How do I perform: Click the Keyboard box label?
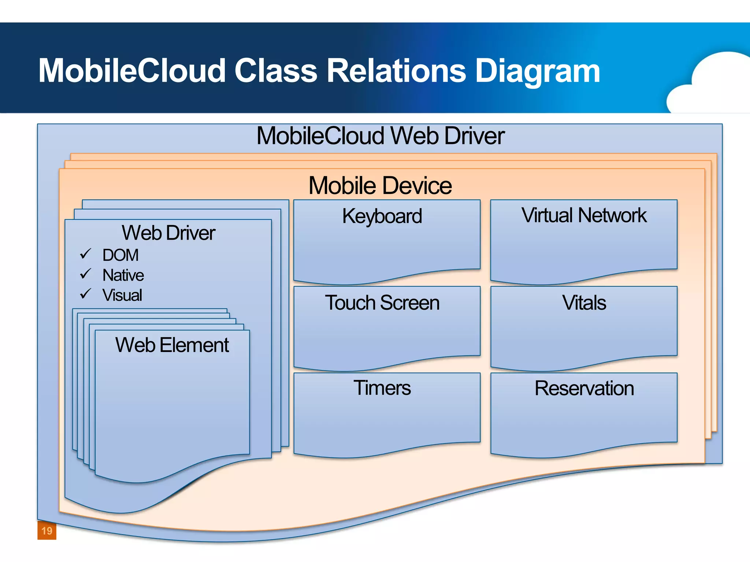(382, 216)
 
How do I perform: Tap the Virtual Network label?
(584, 215)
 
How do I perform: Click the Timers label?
(382, 388)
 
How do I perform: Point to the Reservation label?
(584, 388)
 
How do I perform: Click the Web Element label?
(172, 345)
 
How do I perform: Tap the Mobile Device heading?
(380, 186)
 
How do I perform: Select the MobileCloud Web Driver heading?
(380, 136)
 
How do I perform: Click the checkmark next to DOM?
(85, 254)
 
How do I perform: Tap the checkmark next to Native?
(85, 274)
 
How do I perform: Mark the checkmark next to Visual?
(85, 293)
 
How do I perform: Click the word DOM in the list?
(120, 255)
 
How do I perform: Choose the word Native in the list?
(123, 275)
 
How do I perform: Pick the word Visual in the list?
(122, 295)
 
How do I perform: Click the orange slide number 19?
(47, 531)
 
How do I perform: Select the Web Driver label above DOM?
(168, 233)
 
